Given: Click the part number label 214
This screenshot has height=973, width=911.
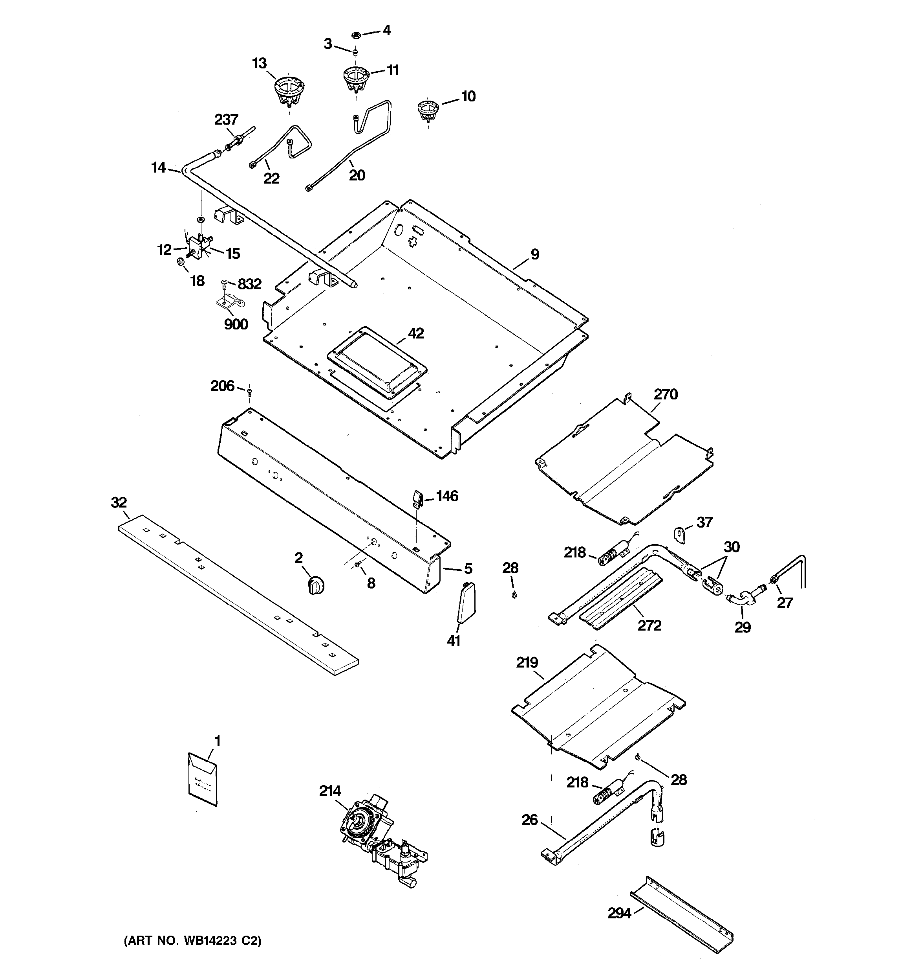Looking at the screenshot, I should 330,791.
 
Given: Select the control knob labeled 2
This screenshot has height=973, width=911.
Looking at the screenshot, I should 316,585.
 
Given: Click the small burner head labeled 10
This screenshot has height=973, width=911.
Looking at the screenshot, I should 428,111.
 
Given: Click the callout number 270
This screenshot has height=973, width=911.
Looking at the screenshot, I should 666,394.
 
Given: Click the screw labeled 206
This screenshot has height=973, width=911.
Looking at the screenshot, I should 250,392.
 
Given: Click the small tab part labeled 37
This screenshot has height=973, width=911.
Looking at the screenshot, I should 681,533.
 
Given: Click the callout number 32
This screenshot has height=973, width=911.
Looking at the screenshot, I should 119,502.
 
